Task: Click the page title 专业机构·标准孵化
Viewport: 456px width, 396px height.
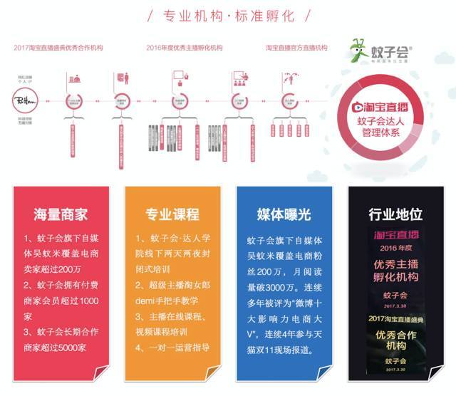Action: point(228,16)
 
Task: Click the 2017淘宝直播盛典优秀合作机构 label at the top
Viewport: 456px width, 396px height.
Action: point(58,47)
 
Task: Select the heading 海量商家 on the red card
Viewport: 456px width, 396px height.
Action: point(61,214)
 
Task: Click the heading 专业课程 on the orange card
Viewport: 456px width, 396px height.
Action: point(172,214)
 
